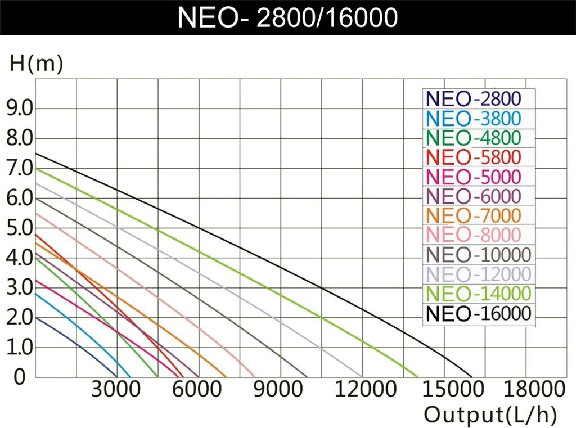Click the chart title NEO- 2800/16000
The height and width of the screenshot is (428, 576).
point(287,17)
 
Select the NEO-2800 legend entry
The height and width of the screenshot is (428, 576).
point(474,99)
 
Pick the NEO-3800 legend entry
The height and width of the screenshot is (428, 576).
point(474,119)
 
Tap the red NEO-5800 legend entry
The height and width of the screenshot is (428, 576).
point(474,157)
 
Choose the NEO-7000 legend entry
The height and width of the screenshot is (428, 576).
point(474,215)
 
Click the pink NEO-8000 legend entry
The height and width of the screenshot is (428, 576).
point(474,235)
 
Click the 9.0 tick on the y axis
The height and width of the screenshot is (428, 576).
point(19,108)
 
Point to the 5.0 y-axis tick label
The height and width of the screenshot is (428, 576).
point(19,228)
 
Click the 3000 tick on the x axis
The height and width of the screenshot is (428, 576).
point(117,390)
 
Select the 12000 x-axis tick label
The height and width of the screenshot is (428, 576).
point(362,390)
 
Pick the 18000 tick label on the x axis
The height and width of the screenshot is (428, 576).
point(525,390)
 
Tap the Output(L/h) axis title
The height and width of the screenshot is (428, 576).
point(490,415)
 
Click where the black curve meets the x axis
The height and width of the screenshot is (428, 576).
point(472,376)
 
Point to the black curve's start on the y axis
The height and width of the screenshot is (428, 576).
point(35,154)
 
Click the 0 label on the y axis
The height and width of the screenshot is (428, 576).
point(20,377)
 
